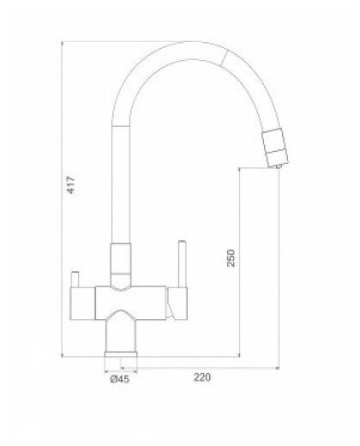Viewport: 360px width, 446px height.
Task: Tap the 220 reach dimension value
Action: click(x=202, y=376)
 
